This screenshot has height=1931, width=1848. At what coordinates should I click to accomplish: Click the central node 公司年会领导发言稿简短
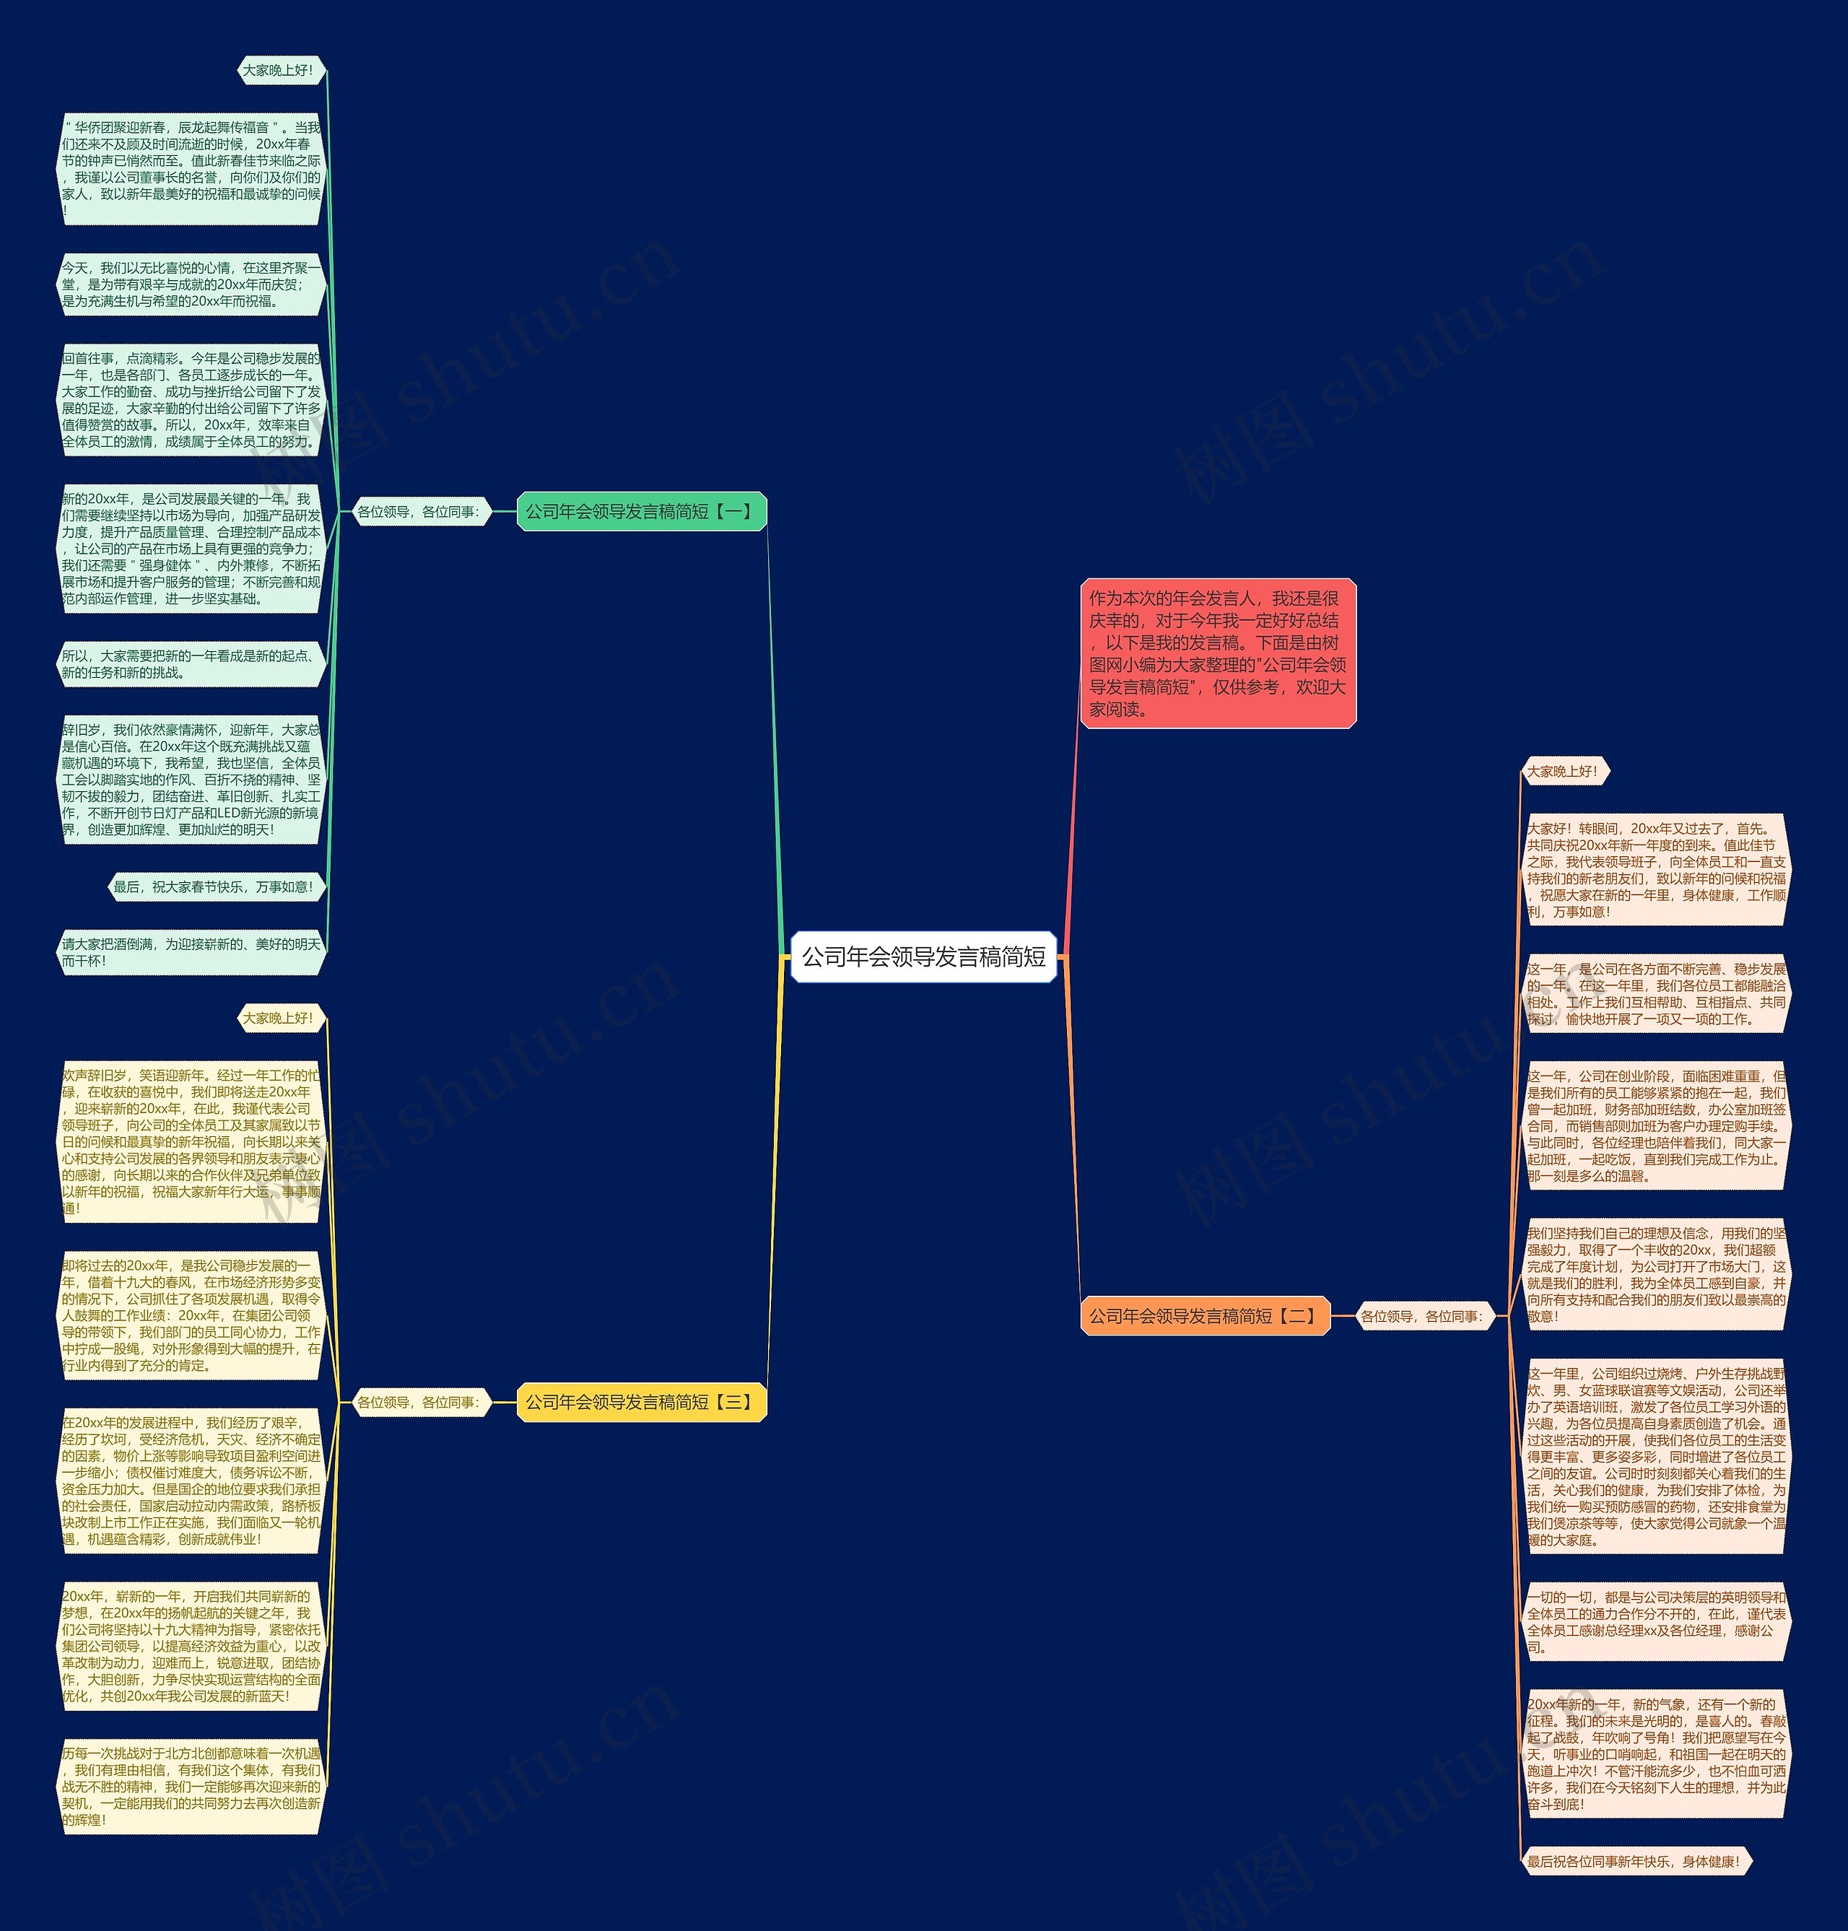tap(923, 956)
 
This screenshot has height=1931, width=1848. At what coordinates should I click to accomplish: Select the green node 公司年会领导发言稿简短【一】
tap(641, 511)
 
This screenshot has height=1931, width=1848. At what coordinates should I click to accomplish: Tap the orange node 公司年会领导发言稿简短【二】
tap(1205, 1315)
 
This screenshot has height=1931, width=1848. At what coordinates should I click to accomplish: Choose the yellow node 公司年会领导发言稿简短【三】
tap(641, 1402)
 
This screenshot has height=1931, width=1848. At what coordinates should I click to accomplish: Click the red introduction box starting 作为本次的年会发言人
tap(1218, 653)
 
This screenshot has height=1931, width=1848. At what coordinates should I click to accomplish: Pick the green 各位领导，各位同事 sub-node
tap(419, 511)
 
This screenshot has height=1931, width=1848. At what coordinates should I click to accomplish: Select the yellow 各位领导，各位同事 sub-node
tap(419, 1402)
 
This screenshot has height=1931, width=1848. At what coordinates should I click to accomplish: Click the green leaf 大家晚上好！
tap(280, 70)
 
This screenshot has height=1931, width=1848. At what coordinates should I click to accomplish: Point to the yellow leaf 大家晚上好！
tap(280, 1018)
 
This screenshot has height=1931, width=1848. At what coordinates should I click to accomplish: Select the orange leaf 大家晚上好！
tap(1564, 772)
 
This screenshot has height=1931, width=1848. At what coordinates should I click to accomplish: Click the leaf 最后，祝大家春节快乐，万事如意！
tap(214, 886)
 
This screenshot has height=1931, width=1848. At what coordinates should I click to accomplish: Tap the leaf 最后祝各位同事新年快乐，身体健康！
tap(1635, 1861)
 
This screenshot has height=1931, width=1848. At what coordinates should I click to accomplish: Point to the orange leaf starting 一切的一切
tap(1657, 1621)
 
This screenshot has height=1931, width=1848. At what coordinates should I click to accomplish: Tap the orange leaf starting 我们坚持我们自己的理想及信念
tap(1657, 1274)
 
